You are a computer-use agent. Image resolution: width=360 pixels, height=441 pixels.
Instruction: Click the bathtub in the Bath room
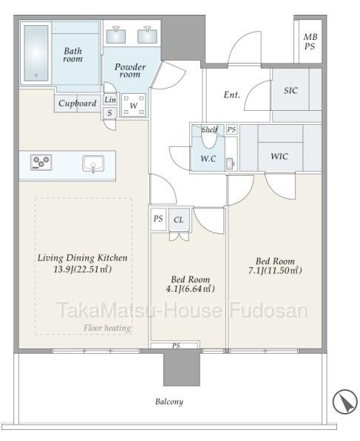point(36,53)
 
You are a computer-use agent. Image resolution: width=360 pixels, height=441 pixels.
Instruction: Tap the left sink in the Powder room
point(116,35)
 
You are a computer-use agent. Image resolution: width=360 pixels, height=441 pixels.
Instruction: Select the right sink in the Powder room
point(147,35)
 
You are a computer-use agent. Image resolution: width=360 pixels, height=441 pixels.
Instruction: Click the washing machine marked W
point(133,106)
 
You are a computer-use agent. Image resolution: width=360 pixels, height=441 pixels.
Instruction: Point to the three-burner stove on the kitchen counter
point(41,163)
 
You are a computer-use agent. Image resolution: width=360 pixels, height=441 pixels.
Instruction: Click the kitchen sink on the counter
point(93,164)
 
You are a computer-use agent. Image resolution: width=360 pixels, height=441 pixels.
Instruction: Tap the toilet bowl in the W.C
point(209,138)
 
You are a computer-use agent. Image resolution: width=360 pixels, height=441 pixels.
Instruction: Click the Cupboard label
point(78,103)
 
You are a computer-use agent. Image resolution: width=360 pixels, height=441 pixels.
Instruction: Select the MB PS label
point(310,41)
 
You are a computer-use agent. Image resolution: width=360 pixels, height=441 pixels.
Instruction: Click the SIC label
point(291,91)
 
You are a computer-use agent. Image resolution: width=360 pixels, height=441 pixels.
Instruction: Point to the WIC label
point(279,157)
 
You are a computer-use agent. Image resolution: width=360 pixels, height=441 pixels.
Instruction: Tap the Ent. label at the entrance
point(232,95)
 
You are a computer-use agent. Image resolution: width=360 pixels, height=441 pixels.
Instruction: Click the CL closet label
point(178,219)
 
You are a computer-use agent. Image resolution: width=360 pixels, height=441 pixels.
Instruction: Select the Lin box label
point(109,100)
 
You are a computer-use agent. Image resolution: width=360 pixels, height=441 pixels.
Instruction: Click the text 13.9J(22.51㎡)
point(83,270)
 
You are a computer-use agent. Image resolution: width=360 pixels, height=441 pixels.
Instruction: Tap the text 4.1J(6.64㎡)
point(191,289)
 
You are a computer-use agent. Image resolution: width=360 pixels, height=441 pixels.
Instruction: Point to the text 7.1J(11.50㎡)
point(275,270)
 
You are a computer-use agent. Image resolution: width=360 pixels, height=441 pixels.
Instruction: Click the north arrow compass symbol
point(344,402)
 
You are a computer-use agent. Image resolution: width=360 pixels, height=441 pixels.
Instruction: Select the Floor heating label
point(107,328)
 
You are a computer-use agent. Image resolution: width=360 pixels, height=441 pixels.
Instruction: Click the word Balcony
point(169,402)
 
